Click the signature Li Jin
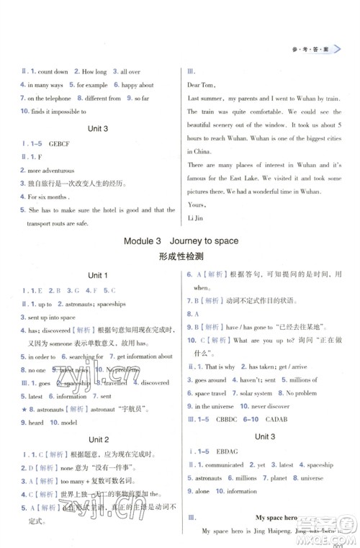coord(197,218)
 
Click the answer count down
coord(53,72)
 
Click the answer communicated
coord(226,465)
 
